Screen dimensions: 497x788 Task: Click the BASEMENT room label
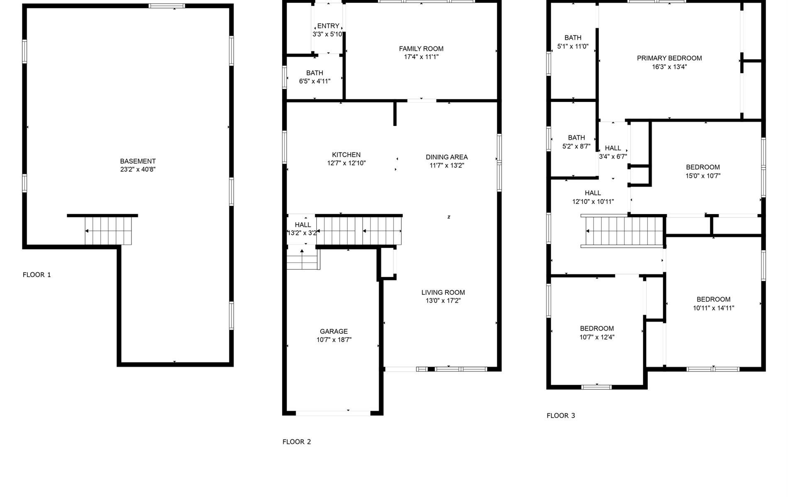click(138, 161)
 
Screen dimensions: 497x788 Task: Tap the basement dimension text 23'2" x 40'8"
click(138, 169)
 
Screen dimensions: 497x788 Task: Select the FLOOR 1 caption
click(37, 275)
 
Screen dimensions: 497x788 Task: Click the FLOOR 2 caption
click(297, 442)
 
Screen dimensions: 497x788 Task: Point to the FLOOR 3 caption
click(561, 415)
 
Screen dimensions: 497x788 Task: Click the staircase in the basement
click(108, 231)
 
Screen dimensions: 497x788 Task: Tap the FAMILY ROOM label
click(421, 48)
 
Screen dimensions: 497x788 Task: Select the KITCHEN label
click(346, 154)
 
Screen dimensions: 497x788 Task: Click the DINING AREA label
click(447, 157)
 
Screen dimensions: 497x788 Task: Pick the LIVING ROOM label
click(443, 292)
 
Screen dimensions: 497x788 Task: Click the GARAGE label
click(334, 331)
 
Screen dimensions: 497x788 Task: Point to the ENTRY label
click(328, 26)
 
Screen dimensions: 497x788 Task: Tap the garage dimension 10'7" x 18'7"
click(334, 340)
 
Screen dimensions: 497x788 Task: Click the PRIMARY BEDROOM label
click(669, 58)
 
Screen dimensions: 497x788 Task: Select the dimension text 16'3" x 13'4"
click(669, 67)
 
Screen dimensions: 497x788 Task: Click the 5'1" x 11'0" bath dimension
click(573, 46)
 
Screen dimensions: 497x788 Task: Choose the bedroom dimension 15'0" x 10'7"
click(703, 176)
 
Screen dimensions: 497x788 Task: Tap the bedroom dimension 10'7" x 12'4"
click(597, 337)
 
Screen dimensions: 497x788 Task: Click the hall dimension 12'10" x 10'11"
click(593, 202)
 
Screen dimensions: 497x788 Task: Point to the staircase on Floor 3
click(624, 232)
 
